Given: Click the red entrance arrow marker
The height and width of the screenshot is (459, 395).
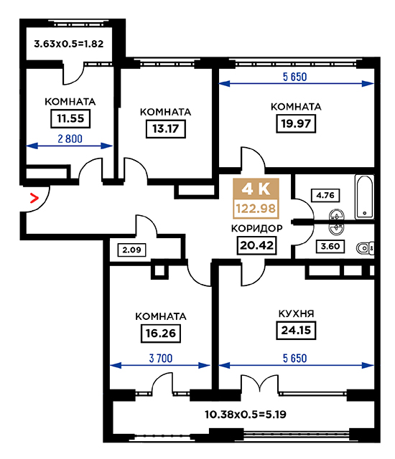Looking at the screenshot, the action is tap(34, 199).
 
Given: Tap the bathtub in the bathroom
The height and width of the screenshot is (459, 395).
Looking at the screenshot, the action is tap(364, 197).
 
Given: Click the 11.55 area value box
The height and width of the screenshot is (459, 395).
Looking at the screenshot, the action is tap(70, 118).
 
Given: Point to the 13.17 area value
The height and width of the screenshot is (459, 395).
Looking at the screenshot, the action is tap(166, 128).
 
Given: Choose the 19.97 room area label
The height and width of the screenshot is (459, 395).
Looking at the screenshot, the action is tap(296, 123).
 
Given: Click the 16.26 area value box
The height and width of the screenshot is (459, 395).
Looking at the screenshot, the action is tap(161, 333).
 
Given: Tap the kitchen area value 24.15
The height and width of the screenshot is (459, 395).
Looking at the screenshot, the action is tap(296, 330).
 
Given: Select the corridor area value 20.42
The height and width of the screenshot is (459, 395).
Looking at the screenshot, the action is tap(256, 245).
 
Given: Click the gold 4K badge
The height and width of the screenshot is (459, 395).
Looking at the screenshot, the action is tap(256, 189).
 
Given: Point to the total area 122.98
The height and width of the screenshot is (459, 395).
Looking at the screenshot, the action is tap(256, 209).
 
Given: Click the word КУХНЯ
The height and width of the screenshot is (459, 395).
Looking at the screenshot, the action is tap(296, 313).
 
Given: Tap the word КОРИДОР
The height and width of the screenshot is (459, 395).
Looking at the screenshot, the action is tap(256, 228).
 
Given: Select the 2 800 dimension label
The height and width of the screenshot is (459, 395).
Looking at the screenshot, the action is tap(70, 138).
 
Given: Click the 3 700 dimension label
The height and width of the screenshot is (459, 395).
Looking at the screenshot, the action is tap(161, 359).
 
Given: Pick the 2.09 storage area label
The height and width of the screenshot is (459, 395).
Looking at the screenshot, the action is tap(131, 250).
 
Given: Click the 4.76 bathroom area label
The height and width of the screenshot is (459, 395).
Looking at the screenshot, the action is tap(325, 195).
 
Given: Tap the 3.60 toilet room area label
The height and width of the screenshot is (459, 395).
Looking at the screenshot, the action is tap(330, 246).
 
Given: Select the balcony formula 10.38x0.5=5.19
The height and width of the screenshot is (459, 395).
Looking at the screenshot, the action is tap(246, 415).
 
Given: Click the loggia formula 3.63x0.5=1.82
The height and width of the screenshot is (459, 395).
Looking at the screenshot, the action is tap(68, 44).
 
